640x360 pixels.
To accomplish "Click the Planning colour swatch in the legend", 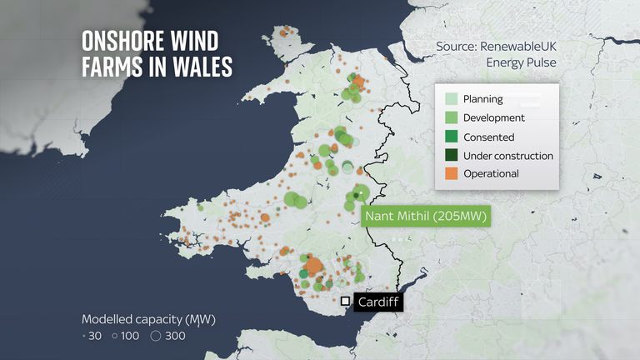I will point(452,100).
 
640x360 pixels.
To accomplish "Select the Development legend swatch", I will point(452,118).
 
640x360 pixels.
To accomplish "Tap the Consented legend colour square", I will point(452,137).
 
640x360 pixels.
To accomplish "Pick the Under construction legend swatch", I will point(452,155).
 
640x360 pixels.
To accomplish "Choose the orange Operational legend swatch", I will point(452,173).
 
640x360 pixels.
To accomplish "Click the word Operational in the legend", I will point(492,173).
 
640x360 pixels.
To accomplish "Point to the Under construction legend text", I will point(509,155).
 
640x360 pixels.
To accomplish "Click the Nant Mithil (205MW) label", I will point(426,217).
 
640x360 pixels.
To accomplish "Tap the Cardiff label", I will point(377,301).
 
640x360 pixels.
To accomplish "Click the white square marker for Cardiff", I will point(345,301).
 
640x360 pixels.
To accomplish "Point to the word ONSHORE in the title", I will point(121,41).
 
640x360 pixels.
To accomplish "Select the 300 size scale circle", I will point(155,337).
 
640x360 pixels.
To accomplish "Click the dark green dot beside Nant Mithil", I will point(356,195).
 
